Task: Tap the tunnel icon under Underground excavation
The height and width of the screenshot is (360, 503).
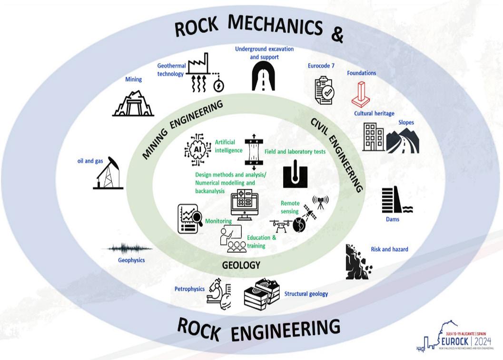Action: point(263,77)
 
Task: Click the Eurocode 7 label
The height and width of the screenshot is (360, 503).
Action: point(321,66)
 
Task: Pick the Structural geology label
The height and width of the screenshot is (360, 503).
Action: point(306,294)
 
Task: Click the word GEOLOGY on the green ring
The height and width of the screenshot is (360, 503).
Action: point(241,265)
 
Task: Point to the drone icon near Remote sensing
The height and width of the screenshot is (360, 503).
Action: point(280,225)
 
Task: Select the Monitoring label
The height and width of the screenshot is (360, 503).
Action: point(218,221)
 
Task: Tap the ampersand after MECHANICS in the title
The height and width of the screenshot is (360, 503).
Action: point(337,35)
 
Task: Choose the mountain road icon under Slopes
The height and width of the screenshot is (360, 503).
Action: point(403,141)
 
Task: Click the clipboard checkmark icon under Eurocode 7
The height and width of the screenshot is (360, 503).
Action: point(325,91)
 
